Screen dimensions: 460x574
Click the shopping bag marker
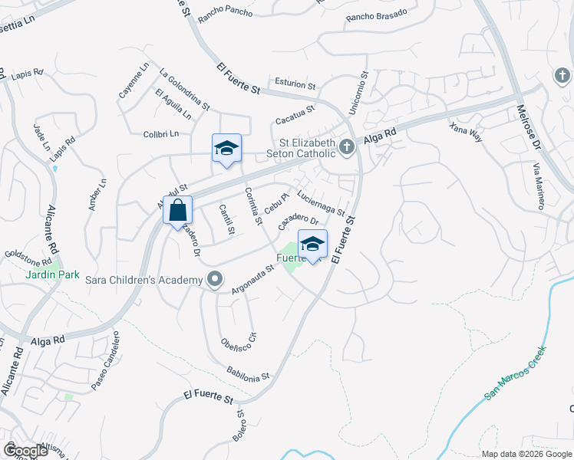tap(178, 210)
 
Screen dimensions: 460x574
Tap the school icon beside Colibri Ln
tap(226, 148)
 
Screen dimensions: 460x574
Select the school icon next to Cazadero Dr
tap(312, 244)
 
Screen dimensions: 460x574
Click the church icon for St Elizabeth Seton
tap(347, 146)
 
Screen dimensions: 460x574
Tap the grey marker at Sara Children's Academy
tap(215, 280)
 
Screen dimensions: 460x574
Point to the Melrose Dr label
tap(530, 131)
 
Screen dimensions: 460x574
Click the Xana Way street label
tap(466, 131)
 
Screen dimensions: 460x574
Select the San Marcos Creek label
tap(515, 374)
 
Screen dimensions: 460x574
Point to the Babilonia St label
tap(249, 373)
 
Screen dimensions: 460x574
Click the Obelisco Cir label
tap(237, 329)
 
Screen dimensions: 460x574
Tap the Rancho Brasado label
tap(371, 17)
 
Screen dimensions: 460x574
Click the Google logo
tap(25, 451)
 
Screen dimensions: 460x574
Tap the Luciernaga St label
tap(320, 202)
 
